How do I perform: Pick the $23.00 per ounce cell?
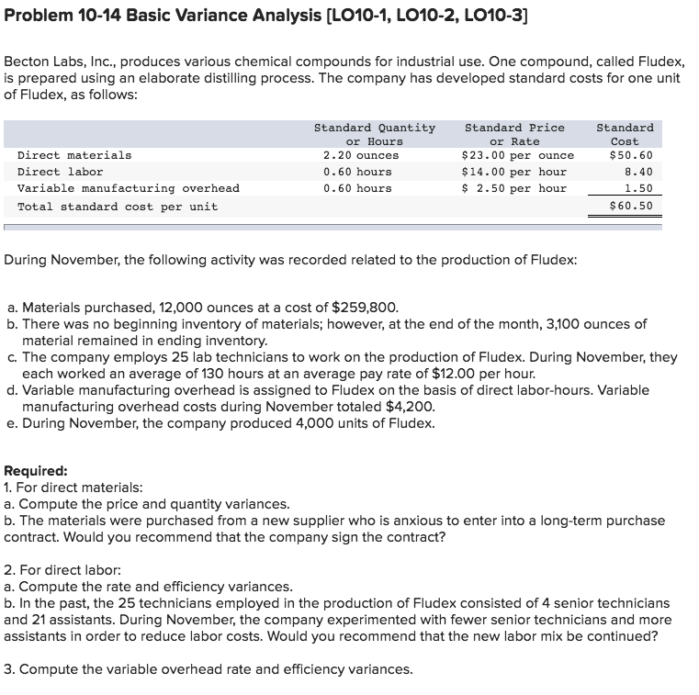click(517, 155)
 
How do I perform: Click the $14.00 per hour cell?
click(513, 172)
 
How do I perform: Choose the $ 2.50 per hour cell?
click(513, 188)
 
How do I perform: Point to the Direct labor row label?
click(61, 172)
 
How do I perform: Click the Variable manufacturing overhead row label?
click(129, 188)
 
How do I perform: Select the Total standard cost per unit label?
click(118, 207)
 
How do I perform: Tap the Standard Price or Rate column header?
click(514, 134)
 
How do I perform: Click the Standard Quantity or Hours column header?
click(374, 134)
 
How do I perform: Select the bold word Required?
click(35, 471)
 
